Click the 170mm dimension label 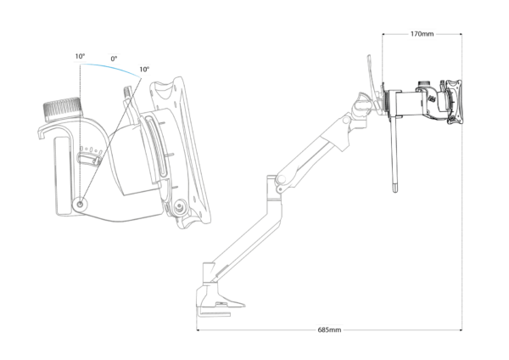click(x=422, y=34)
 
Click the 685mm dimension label click(x=329, y=329)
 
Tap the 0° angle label click(x=114, y=59)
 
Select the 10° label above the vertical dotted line click(x=80, y=56)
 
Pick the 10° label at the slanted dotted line click(x=144, y=70)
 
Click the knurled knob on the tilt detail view click(x=62, y=110)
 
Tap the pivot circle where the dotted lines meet click(x=81, y=205)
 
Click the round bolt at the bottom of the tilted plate click(x=178, y=206)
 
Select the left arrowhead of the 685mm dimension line click(x=199, y=330)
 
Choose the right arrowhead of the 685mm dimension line click(x=460, y=330)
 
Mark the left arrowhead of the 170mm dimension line click(x=384, y=34)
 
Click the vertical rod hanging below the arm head click(x=394, y=155)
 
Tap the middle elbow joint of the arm click(x=280, y=179)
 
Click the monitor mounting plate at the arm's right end click(x=454, y=103)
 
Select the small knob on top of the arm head click(x=422, y=84)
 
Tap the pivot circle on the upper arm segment click(x=346, y=121)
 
